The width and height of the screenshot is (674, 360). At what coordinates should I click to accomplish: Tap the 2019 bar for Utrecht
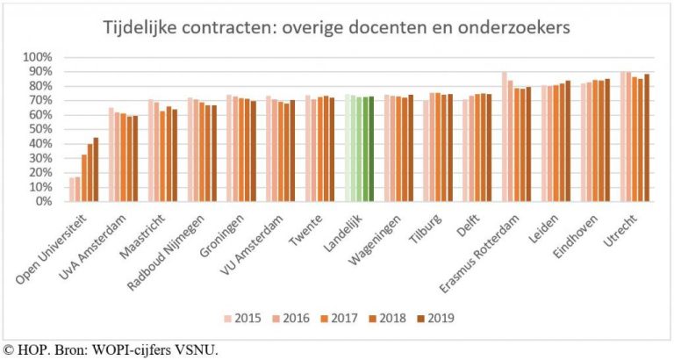[x=647, y=138]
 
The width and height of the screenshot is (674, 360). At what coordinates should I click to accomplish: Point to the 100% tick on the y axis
[x=41, y=57]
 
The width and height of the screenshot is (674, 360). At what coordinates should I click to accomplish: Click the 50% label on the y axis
[x=41, y=129]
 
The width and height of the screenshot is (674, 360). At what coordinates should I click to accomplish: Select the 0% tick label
[x=45, y=201]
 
